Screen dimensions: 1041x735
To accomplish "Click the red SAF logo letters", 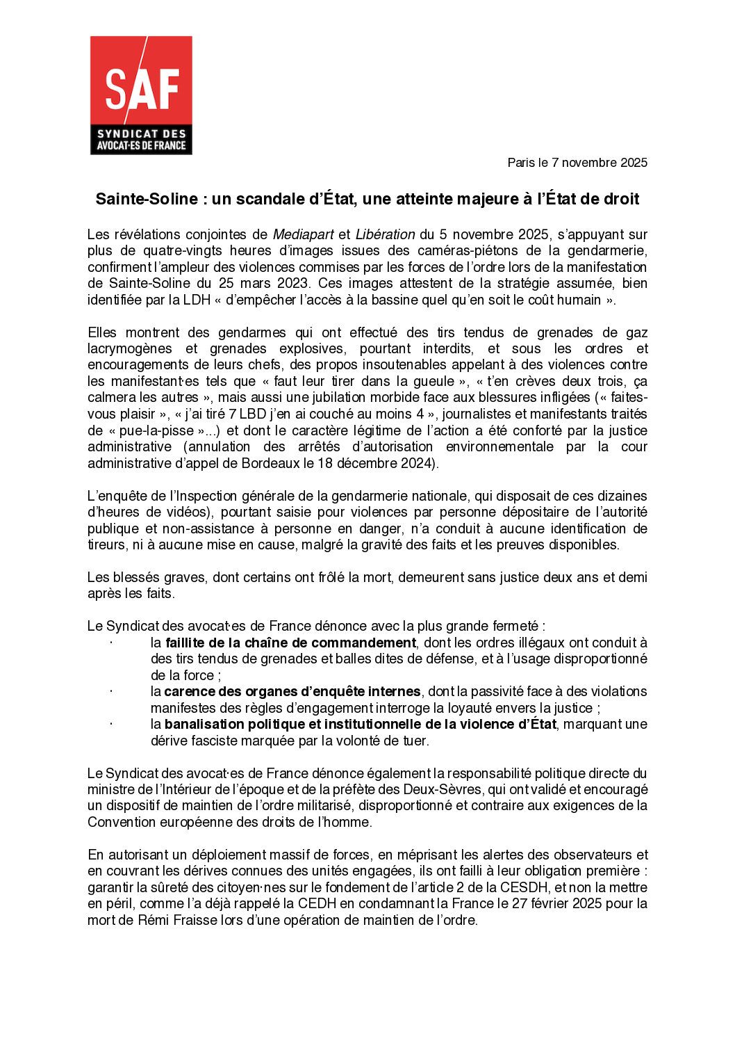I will point(142,89).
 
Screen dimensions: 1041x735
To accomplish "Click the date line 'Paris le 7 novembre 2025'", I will point(577,163).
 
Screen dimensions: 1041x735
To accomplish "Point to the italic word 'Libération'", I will point(385,234).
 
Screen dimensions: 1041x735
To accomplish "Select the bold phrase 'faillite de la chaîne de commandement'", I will point(290,643).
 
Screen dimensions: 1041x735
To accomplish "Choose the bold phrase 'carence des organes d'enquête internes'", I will point(292,691).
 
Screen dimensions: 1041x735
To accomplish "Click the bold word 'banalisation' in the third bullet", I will point(204,724).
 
